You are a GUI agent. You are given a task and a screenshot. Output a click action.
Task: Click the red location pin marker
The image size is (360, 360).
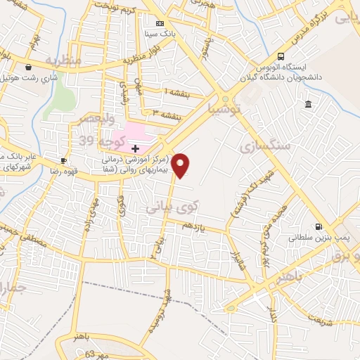pos(181,165)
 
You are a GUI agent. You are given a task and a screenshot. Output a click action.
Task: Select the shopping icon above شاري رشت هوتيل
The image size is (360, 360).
pos(28,68)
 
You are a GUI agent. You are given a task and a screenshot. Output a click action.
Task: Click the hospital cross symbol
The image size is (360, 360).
pos(135,149)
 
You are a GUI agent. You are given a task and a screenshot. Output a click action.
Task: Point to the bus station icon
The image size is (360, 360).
pos(281,56)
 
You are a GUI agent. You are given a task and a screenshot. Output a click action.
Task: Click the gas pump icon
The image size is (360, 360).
pos(320,227)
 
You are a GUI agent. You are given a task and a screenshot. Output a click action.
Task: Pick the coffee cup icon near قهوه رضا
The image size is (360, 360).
pos(64,160)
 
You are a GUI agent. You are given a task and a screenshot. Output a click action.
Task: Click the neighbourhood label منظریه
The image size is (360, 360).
pos(64,62)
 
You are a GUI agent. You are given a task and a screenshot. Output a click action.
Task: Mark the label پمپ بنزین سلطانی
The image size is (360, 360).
pos(313,239)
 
